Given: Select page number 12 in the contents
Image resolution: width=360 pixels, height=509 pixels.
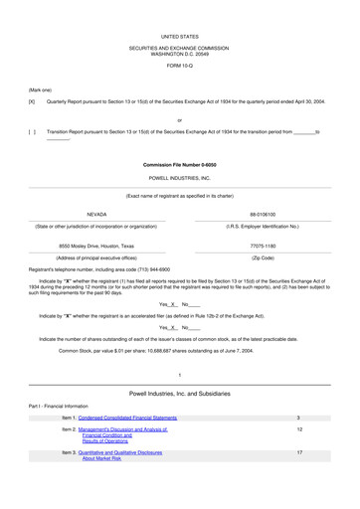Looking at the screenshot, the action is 299,429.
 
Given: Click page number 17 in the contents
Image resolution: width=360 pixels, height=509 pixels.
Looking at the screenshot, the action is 299,451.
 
